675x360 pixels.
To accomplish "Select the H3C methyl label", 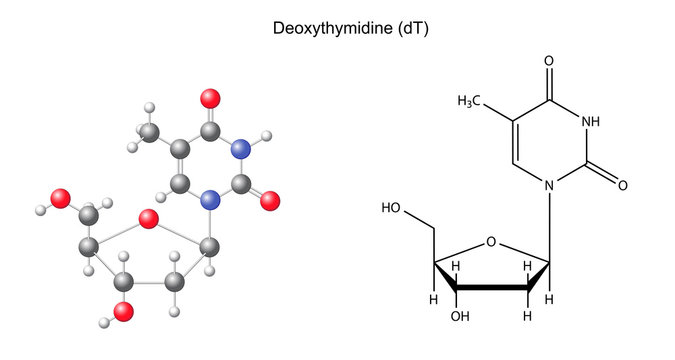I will [x=471, y=101].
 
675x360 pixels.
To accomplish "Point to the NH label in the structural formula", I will [x=591, y=122].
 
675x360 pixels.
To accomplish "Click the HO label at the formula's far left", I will [x=392, y=209].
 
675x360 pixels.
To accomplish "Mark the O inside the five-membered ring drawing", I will [x=490, y=241].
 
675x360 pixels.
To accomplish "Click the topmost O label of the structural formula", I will [x=549, y=60].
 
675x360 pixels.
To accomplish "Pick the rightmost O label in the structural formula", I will [x=621, y=185].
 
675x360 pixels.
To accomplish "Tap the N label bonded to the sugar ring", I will [x=549, y=185].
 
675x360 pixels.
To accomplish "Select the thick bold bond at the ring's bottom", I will [x=493, y=288].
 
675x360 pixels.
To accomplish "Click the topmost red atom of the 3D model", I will [x=210, y=98].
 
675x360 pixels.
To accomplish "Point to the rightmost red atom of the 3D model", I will [x=268, y=200].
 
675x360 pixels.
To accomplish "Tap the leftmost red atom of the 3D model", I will [x=61, y=198].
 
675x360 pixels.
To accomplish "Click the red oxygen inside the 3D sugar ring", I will [x=149, y=219].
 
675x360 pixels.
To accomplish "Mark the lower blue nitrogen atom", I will [x=210, y=200].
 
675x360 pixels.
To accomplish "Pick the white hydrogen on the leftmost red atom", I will [x=41, y=210].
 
